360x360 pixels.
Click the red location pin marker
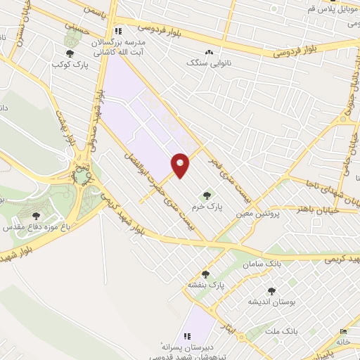(181, 165)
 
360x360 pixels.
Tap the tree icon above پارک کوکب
(69, 53)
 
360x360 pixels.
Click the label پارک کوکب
(69, 65)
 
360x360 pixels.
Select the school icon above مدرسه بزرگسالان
(118, 31)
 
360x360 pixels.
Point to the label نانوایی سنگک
(209, 63)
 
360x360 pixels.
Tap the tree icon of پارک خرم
(207, 195)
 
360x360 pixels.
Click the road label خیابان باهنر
(319, 209)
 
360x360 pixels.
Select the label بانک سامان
(261, 262)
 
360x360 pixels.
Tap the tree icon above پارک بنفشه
(205, 274)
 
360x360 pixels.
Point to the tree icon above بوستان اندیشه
(271, 290)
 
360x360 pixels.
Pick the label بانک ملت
(304, 330)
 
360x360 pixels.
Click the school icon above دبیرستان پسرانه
(187, 337)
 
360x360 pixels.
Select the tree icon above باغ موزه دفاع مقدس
(37, 216)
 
